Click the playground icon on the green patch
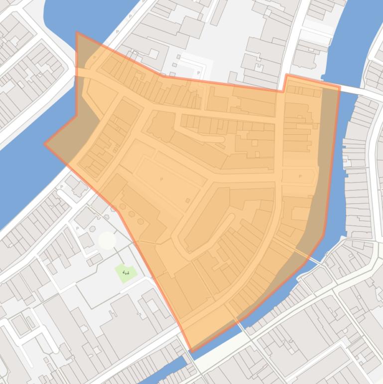(x=126, y=272)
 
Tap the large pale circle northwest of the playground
(x=107, y=240)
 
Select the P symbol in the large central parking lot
(x=161, y=179)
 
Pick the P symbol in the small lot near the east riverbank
(x=300, y=176)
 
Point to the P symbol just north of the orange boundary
(x=199, y=73)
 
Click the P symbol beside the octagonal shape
(x=78, y=228)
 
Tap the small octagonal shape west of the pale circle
(x=93, y=229)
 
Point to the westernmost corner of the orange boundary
(x=45, y=144)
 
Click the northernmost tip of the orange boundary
(x=77, y=32)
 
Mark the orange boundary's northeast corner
(x=339, y=87)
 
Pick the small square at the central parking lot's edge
(x=188, y=200)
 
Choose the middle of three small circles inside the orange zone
(x=132, y=214)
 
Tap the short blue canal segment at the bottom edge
(x=164, y=374)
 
